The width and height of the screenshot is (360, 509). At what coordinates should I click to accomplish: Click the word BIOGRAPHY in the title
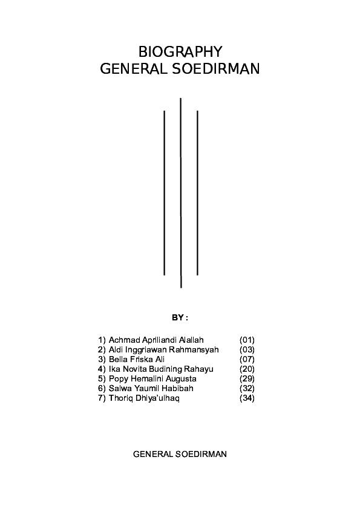coord(180,52)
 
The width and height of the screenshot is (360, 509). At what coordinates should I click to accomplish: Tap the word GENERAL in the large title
coord(134,69)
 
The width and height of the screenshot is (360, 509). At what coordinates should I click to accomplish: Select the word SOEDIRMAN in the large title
coord(215,69)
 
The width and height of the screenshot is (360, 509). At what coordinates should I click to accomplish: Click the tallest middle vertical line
coord(181,193)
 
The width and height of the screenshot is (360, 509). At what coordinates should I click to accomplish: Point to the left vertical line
coord(165,193)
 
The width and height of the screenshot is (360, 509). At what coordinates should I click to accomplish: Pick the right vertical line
coord(197,193)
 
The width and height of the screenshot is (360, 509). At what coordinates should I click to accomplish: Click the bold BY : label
coord(180,318)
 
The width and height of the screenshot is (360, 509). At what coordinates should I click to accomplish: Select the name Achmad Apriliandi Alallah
coord(156,340)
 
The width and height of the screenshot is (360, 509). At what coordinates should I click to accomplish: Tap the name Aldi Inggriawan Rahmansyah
coord(164,350)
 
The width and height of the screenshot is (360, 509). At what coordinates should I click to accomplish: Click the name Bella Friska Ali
coord(137,359)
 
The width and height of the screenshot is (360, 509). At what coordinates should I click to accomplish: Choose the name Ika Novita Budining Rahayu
coord(161,369)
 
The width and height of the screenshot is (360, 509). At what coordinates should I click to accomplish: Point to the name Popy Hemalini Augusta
coord(152,379)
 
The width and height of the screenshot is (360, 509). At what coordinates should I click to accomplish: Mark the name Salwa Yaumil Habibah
coord(151,388)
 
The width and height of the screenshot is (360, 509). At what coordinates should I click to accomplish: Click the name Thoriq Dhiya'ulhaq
coord(144,398)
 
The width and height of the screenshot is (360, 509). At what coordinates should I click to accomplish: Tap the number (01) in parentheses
coord(247,340)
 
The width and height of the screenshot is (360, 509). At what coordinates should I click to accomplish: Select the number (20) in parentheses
coord(247,369)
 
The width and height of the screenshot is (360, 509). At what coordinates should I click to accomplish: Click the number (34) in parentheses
coord(247,398)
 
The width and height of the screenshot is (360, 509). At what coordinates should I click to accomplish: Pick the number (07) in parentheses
coord(247,359)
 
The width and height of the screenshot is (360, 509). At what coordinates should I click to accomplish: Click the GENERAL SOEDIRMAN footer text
coord(180,454)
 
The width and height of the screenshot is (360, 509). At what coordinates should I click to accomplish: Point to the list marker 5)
coord(102,379)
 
